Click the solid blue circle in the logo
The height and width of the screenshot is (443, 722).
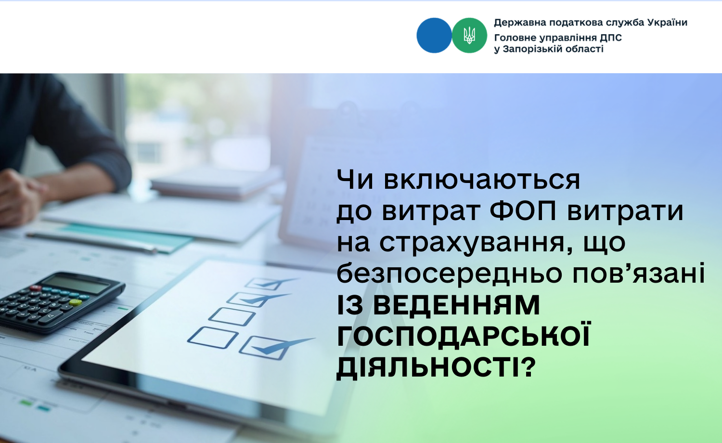[x=434, y=36]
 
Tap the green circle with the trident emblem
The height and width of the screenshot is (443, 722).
[x=469, y=36]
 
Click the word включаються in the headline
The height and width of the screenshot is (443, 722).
[x=482, y=180]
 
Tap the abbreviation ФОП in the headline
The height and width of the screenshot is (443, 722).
[x=523, y=211]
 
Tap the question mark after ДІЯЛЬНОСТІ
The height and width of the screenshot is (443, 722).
[x=528, y=366]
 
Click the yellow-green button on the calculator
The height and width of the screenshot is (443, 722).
[x=76, y=302]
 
